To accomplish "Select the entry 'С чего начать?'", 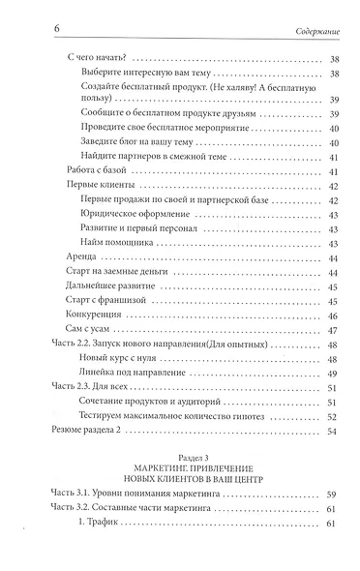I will pos(105,59).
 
